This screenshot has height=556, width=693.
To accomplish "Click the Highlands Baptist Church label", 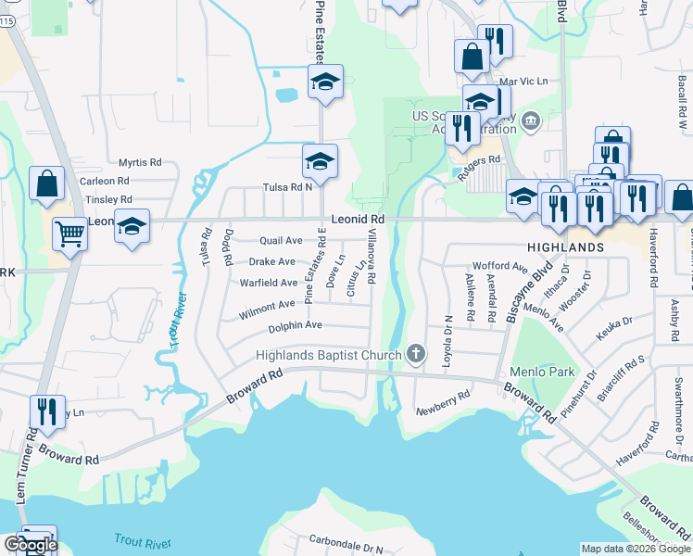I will tap(329, 356).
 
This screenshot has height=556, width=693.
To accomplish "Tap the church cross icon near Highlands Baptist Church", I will tap(417, 353).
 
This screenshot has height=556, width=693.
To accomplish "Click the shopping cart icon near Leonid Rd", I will tap(69, 234).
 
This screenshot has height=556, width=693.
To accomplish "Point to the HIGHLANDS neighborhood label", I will tap(566, 247).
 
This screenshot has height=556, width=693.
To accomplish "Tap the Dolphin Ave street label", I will tap(295, 326).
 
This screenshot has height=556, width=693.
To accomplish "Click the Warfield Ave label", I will tap(269, 283).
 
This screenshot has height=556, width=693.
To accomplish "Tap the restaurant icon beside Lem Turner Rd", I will tap(44, 411).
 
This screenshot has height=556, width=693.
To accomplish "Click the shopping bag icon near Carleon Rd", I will tap(46, 183).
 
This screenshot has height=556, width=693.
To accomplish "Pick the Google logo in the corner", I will tap(30, 545).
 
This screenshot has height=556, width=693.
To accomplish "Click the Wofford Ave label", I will tap(499, 266).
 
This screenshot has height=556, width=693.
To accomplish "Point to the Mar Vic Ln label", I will tap(518, 82).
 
